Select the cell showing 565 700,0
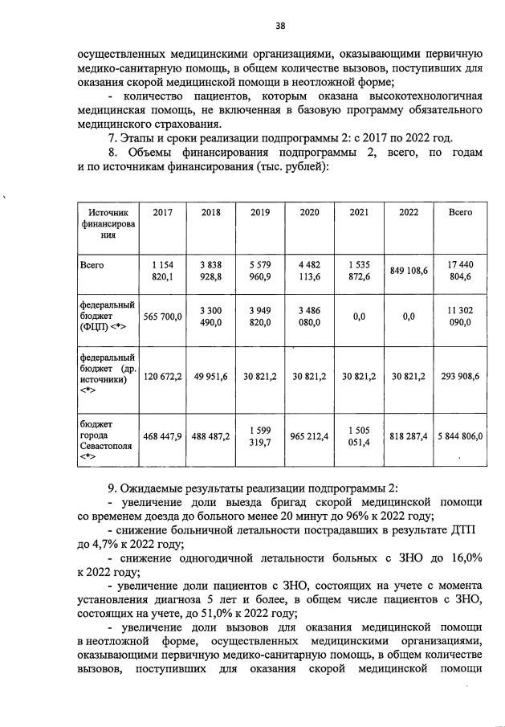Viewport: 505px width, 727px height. pyautogui.click(x=163, y=317)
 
